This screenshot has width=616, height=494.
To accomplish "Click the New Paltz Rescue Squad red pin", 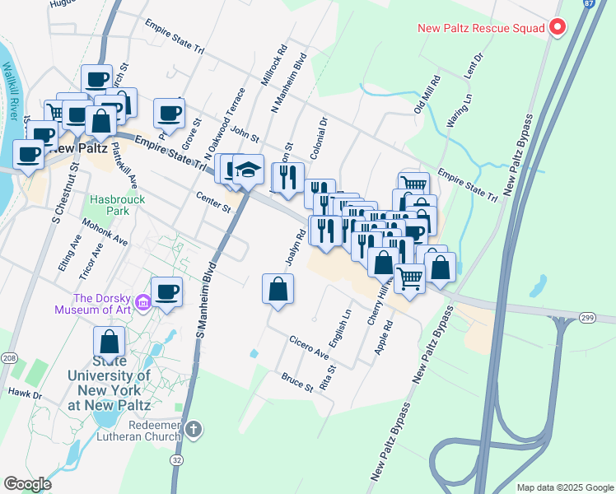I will (x=558, y=28).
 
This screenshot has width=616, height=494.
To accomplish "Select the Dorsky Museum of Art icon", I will (x=143, y=304).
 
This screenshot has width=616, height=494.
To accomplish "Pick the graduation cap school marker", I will (x=248, y=170).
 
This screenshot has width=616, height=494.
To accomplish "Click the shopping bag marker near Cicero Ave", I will (x=278, y=289).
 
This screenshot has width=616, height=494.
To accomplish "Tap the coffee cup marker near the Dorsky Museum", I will (x=166, y=291).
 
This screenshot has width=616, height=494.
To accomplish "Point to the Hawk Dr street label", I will (x=25, y=394).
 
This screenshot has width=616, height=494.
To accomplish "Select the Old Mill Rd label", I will (x=428, y=95).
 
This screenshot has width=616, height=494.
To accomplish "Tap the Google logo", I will (x=27, y=484).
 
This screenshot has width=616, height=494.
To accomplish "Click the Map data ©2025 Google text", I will (x=564, y=487).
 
